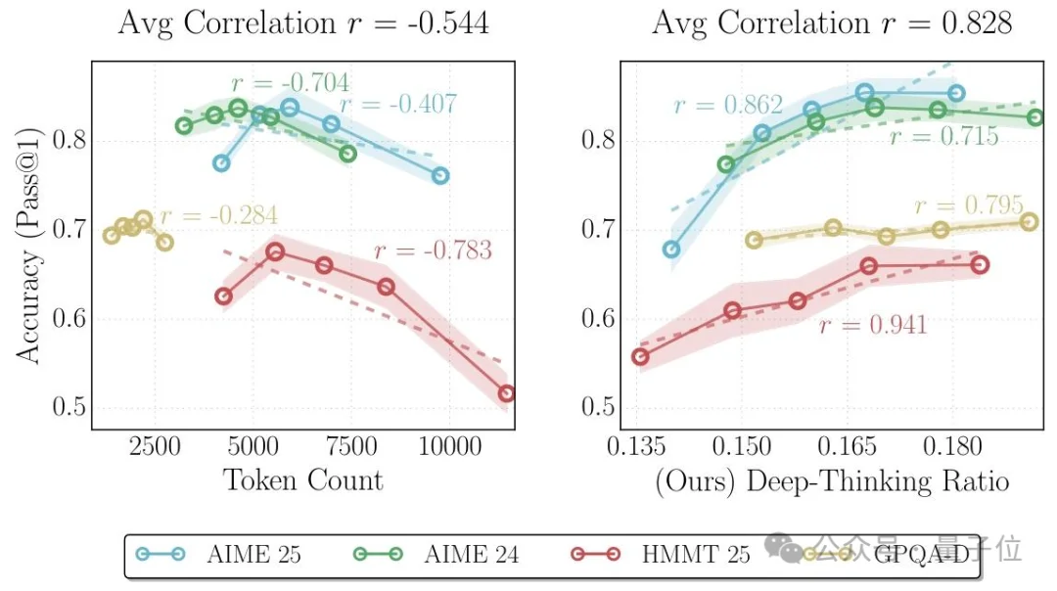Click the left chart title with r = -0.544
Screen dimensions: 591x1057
pyautogui.click(x=303, y=23)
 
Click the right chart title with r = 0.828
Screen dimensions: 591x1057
pyautogui.click(x=832, y=23)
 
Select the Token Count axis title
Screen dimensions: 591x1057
pyautogui.click(x=303, y=479)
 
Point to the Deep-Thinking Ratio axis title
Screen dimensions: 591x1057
pyautogui.click(x=832, y=480)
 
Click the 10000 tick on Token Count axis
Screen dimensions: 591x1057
pyautogui.click(x=449, y=447)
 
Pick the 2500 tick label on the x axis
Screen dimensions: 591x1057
pyautogui.click(x=155, y=447)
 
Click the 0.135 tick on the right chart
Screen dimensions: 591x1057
pyautogui.click(x=635, y=447)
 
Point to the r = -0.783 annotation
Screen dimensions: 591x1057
pyautogui.click(x=433, y=251)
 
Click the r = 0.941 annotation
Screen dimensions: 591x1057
pyautogui.click(x=873, y=325)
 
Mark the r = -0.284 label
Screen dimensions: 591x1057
pyautogui.click(x=218, y=216)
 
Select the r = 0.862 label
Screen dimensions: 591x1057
pyautogui.click(x=728, y=106)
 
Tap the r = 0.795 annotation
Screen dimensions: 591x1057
pyautogui.click(x=969, y=205)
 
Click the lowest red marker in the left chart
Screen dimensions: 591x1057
pyautogui.click(x=506, y=393)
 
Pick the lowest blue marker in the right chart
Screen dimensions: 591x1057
pyautogui.click(x=671, y=250)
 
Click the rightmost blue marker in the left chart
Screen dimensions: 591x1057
pyautogui.click(x=440, y=176)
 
